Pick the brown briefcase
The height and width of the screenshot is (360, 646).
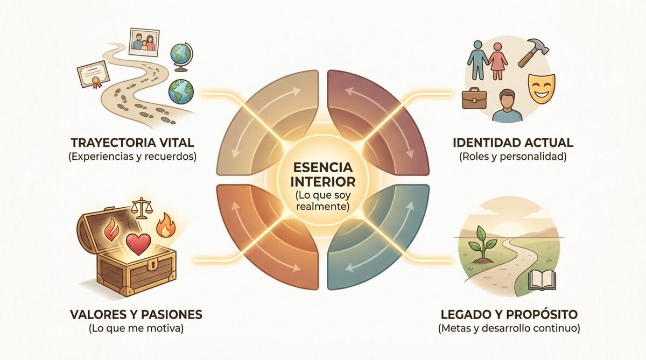pos(474,98)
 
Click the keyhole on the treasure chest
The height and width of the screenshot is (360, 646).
pos(137,267)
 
